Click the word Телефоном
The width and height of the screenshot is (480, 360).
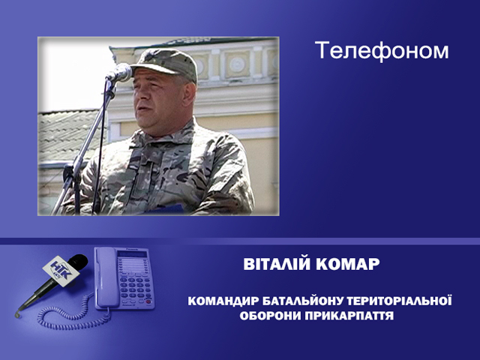pos(382,50)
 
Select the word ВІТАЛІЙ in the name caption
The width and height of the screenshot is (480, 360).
pos(277,264)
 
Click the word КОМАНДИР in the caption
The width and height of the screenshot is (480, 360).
pos(223,301)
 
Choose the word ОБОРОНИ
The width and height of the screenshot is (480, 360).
pos(270,316)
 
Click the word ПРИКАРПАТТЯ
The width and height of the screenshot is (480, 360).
pos(349,316)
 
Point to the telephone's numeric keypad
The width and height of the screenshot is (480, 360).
pos(135,288)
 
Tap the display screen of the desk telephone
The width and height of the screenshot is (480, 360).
pos(132,253)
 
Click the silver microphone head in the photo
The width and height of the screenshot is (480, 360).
pos(120,73)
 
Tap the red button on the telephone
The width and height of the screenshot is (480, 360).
pos(148,301)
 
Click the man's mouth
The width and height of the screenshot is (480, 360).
pos(142,109)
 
